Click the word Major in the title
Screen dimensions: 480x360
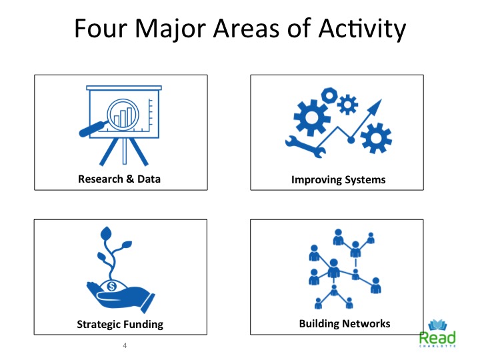point(170,29)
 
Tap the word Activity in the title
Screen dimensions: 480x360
point(362,29)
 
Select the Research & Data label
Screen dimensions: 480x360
point(119,179)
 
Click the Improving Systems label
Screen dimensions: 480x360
point(338,179)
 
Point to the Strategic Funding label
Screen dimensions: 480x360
point(120,324)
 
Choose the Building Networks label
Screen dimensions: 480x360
point(345,323)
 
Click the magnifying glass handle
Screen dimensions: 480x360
point(92,129)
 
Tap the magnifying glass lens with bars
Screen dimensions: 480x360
point(123,115)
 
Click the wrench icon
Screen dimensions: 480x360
point(305,147)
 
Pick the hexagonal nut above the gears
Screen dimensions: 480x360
point(329,95)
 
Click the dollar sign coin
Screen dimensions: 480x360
point(112,286)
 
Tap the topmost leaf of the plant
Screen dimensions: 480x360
point(106,234)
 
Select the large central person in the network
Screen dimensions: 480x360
point(333,268)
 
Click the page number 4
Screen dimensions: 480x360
point(125,345)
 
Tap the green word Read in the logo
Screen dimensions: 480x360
point(437,337)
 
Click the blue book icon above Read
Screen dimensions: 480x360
point(437,325)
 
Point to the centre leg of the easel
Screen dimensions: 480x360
point(125,151)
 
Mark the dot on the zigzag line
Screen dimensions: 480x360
point(351,141)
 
